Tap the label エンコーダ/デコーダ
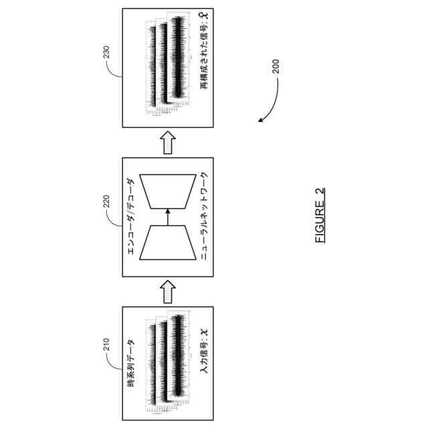point(131,217)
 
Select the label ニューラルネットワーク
point(205,217)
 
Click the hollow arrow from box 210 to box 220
point(168,290)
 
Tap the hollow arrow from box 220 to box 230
point(168,142)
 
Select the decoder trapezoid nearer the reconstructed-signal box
point(168,192)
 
